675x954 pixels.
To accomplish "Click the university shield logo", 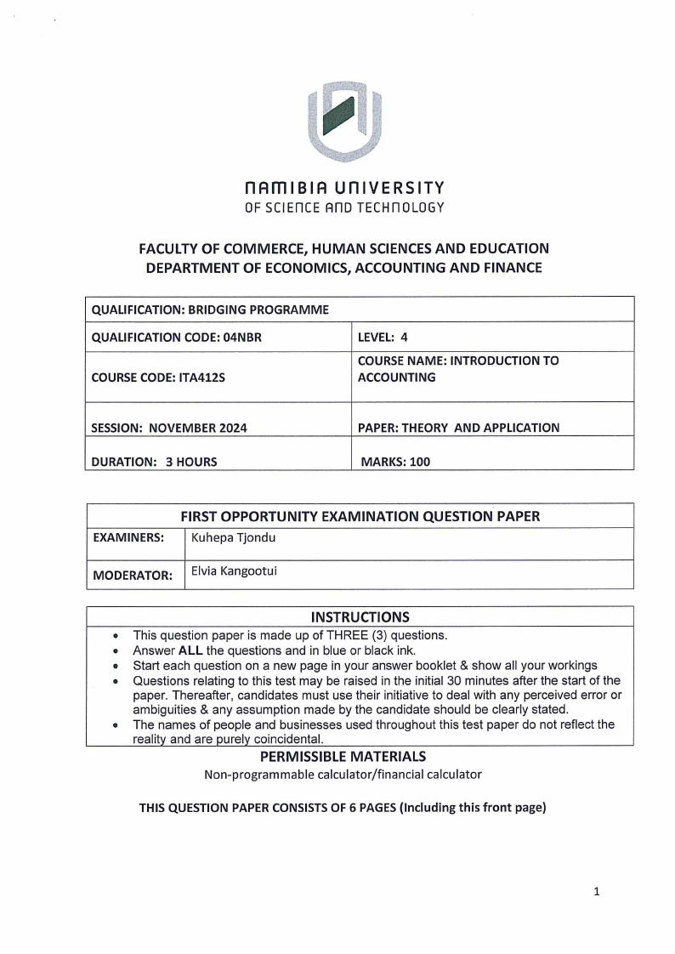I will pyautogui.click(x=343, y=121).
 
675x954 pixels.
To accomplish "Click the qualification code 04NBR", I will pyautogui.click(x=240, y=337).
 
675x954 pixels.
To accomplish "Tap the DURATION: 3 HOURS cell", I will pyautogui.click(x=154, y=462).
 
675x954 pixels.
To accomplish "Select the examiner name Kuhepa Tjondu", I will pyautogui.click(x=233, y=537).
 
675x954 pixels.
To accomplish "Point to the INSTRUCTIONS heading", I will pyautogui.click(x=360, y=617).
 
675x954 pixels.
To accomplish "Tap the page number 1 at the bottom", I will pyautogui.click(x=597, y=892).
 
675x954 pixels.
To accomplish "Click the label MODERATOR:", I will pyautogui.click(x=132, y=575).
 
